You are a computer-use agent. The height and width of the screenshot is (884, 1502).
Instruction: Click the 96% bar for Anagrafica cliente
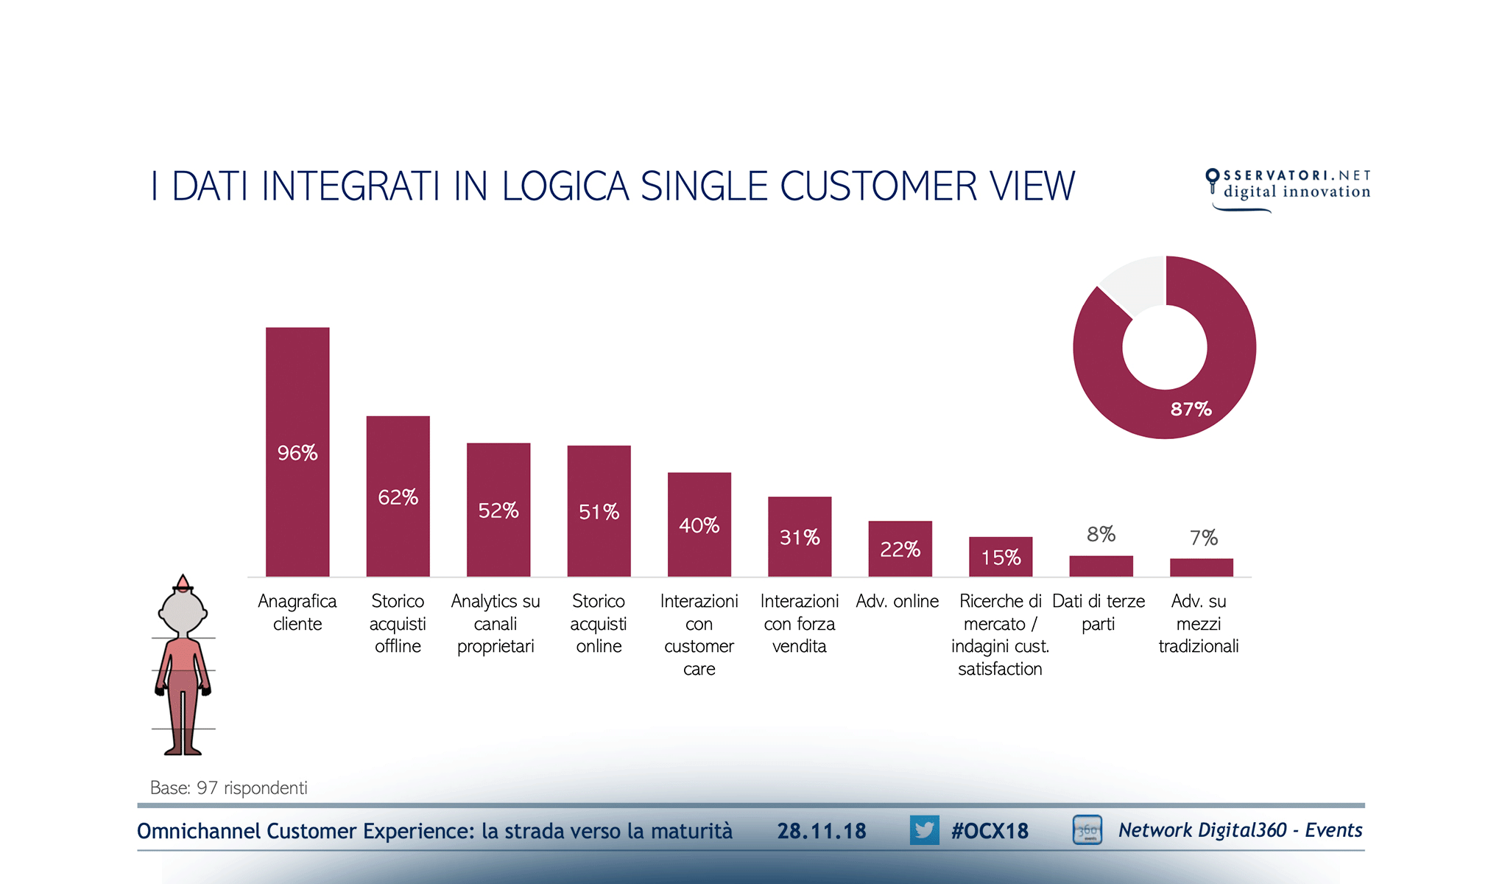[x=297, y=451]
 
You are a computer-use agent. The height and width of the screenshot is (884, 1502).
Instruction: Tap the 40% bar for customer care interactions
[x=699, y=524]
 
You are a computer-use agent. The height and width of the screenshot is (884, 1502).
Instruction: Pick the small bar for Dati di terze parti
[x=1101, y=566]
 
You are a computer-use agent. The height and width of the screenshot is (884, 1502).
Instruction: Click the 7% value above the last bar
[x=1203, y=538]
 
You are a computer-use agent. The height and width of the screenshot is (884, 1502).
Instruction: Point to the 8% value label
[x=1101, y=534]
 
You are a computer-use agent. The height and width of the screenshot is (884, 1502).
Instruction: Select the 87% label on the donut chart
[x=1191, y=409]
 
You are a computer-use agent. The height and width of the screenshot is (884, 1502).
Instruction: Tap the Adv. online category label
[x=897, y=601]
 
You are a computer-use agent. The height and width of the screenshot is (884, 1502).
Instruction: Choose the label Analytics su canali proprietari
[x=496, y=623]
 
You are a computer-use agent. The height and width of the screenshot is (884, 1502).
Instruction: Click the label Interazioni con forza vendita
[x=799, y=623]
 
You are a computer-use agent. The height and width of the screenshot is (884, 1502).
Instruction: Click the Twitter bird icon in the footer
[x=924, y=830]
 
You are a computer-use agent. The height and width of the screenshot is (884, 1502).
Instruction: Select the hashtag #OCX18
[x=990, y=831]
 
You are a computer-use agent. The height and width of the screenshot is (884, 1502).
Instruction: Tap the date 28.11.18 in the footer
[x=822, y=831]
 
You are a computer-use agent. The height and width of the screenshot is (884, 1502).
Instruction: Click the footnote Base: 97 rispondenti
[x=229, y=787]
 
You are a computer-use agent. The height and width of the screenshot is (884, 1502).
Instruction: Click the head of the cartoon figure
[x=183, y=611]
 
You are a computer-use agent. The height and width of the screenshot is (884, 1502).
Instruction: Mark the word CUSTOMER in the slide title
[x=878, y=186]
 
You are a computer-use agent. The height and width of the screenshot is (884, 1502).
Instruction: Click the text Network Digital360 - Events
[x=1240, y=830]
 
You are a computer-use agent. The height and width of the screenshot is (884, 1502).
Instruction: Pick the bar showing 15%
[x=1000, y=556]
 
